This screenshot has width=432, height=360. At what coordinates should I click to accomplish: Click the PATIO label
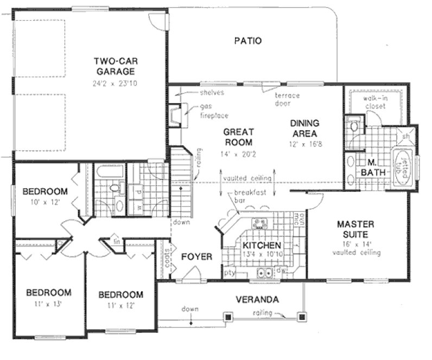point(248,41)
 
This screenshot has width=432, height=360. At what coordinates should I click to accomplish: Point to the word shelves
point(212,93)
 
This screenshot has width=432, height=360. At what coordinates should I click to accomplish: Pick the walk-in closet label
point(374,102)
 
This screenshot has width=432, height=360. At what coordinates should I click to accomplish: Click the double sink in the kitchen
point(265,273)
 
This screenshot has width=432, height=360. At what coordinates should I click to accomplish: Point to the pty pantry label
point(229,273)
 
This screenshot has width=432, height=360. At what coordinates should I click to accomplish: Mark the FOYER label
point(196,256)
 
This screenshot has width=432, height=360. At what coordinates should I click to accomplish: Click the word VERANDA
point(257,299)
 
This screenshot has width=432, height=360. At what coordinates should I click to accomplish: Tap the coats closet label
point(165,260)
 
